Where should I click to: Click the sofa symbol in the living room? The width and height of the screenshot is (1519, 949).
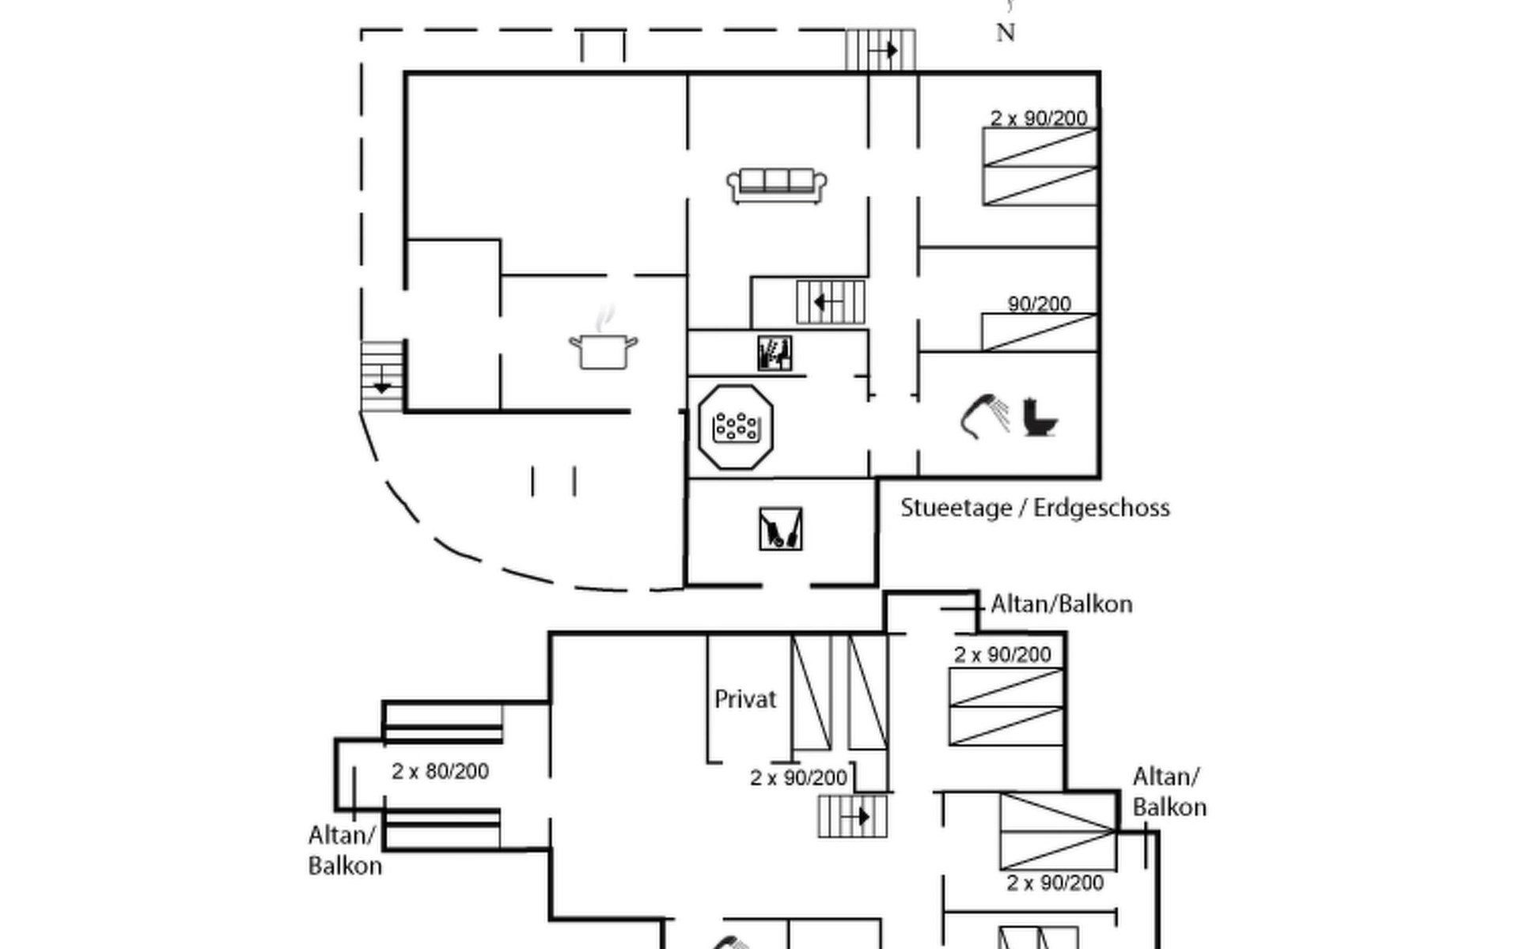(x=776, y=185)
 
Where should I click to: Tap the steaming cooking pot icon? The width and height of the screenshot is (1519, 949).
(x=603, y=347)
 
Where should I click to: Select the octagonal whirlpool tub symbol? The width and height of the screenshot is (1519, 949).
(x=735, y=427)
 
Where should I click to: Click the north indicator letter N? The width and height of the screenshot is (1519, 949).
(x=1005, y=32)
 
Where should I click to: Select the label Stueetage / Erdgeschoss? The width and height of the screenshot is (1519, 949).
(x=1034, y=508)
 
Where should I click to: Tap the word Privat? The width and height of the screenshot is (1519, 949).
(x=744, y=699)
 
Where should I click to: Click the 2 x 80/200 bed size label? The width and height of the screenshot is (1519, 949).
(x=440, y=771)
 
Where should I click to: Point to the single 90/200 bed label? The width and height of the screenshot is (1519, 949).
(x=1039, y=304)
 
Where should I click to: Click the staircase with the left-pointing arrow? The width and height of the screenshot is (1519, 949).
(x=830, y=302)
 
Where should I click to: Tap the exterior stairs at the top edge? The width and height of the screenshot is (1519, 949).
(x=880, y=51)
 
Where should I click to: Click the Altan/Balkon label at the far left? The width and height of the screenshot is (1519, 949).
(x=344, y=850)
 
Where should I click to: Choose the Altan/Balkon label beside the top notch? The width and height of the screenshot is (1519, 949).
(x=1061, y=604)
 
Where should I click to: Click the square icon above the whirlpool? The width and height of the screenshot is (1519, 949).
(x=774, y=354)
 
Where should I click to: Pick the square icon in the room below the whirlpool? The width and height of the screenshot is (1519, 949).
(x=780, y=529)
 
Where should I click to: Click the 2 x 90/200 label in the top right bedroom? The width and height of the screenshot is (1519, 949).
(x=1038, y=118)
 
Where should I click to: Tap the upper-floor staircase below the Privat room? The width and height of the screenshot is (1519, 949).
(x=852, y=816)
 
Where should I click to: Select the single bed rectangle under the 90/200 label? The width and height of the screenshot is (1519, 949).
(x=1039, y=332)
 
